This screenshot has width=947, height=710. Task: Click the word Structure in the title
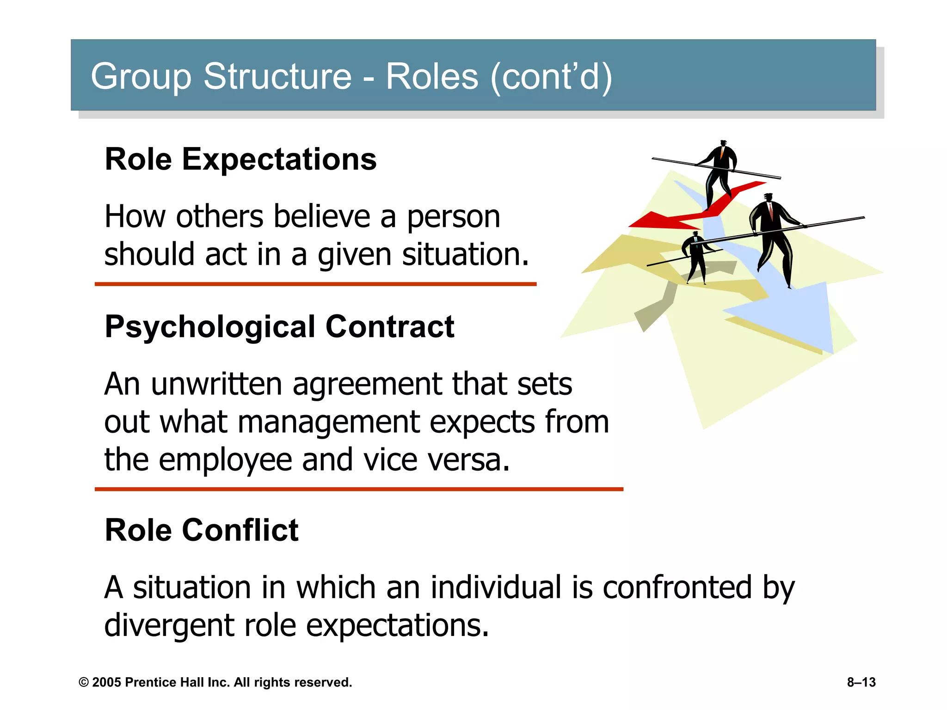coord(277,76)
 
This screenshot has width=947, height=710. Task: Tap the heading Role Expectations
coord(240,159)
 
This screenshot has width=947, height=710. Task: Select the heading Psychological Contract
coord(279,326)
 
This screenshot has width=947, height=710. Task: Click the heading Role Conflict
coord(202,530)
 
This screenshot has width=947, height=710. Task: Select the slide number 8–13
coord(861,682)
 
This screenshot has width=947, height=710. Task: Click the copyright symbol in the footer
coord(84,683)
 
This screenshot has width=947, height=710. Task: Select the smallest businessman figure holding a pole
coord(695,257)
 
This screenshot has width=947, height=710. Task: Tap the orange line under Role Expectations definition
coord(315,284)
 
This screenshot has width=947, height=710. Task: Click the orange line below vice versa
coord(359,489)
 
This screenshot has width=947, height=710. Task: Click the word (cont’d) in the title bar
coord(551,76)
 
